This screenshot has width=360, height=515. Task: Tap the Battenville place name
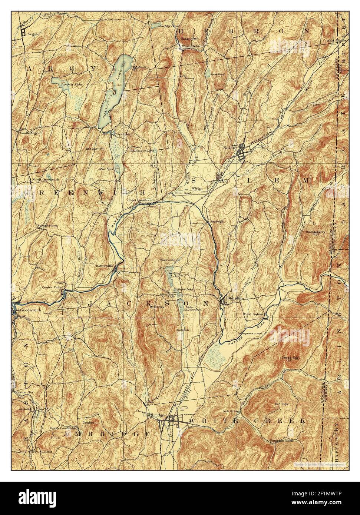tap(105, 266)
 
